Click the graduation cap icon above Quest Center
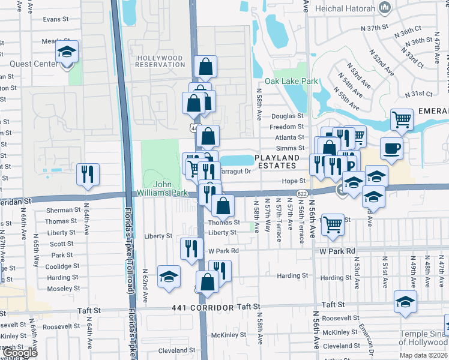(x=67, y=52)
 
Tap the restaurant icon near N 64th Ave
(x=88, y=175)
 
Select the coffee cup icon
(x=391, y=149)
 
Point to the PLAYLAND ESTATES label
(x=276, y=161)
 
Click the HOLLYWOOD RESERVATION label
(x=160, y=62)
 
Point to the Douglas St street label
(x=288, y=116)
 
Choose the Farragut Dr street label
(x=236, y=171)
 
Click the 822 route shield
(x=302, y=193)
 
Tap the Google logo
(x=20, y=353)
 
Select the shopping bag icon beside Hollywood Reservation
(x=205, y=68)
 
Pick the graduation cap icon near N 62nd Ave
(x=169, y=277)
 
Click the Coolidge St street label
(x=59, y=266)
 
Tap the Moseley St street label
(x=59, y=289)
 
